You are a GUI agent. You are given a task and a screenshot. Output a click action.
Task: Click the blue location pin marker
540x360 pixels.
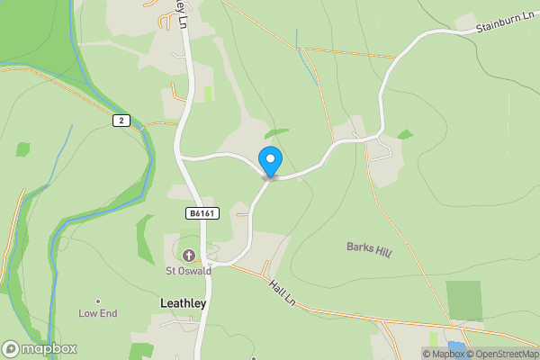click(270, 161)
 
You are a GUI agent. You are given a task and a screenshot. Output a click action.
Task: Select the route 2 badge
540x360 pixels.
click(121, 120)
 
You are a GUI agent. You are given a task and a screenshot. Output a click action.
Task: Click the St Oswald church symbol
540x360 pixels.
click(189, 255)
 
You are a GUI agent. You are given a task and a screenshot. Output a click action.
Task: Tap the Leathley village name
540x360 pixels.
click(183, 303)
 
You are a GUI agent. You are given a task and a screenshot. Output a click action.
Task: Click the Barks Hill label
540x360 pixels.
click(369, 248)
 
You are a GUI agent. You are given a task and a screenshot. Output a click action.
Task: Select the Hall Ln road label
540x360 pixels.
click(283, 293)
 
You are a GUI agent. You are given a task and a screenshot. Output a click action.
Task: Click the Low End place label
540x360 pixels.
click(98, 313)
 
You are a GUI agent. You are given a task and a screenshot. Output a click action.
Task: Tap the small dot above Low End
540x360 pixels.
click(98, 301)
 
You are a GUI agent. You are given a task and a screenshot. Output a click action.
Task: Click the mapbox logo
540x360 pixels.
click(40, 348)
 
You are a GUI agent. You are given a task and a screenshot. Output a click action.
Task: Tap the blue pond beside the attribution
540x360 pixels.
click(456, 346)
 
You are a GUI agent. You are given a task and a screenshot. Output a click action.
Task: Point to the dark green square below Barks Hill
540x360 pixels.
click(463, 301)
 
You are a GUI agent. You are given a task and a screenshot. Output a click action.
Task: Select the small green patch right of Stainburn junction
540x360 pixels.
click(405, 134)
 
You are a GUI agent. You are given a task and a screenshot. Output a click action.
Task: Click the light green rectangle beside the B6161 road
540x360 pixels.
click(209, 94)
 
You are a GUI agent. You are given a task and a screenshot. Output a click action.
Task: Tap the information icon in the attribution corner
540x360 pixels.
click(428, 354)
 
